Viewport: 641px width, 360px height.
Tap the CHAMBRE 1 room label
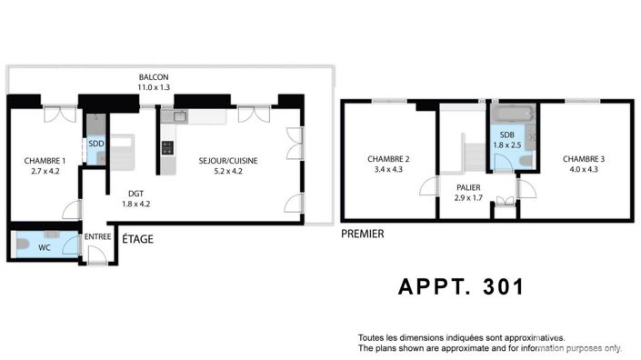(45, 161)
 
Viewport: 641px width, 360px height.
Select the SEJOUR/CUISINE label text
(228, 161)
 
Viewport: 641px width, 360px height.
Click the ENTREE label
(97, 237)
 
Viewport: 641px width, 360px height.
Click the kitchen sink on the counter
(179, 116)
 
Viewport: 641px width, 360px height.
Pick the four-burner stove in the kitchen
(167, 145)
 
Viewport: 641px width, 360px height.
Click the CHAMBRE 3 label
(583, 159)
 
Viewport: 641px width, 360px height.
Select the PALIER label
(468, 187)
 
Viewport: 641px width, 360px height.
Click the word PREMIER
(362, 234)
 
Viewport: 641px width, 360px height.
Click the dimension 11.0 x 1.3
(154, 87)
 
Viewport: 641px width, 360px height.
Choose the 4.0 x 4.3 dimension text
(583, 169)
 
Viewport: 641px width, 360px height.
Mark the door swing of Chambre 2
(425, 188)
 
